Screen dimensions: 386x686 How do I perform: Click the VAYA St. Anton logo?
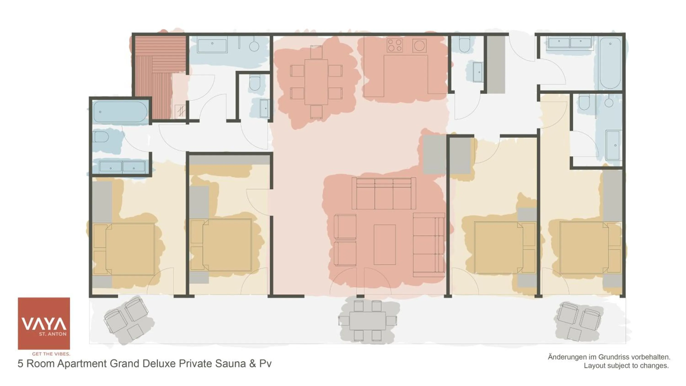pos(44,323)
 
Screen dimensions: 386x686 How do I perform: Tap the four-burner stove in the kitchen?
pos(395,45)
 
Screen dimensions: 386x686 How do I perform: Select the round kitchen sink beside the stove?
pos(419,46)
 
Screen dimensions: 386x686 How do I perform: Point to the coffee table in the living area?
pos(385,244)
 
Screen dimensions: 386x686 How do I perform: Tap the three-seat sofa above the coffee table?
pos(383,194)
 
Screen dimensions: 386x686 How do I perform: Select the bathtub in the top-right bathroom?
pos(610,63)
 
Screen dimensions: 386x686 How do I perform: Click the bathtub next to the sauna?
pos(120,112)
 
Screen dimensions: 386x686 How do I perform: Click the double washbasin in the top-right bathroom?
pos(569,42)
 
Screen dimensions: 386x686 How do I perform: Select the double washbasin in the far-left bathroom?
pos(122,167)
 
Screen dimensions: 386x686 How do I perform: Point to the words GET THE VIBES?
pos(51,354)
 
